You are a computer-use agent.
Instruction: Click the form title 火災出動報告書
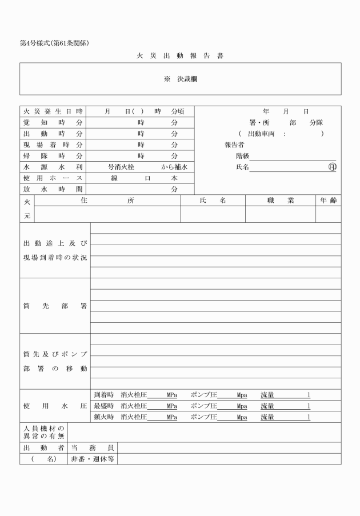(x=179, y=56)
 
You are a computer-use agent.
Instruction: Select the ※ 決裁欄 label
(x=181, y=79)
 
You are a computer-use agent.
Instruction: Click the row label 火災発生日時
(x=53, y=111)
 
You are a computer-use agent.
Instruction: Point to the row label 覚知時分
(x=53, y=122)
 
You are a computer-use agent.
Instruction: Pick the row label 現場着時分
(x=53, y=145)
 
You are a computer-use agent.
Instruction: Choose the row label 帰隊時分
(x=53, y=155)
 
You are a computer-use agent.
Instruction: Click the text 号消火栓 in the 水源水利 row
(x=122, y=167)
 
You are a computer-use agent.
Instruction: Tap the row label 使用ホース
(x=53, y=178)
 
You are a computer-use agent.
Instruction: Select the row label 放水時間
(x=53, y=189)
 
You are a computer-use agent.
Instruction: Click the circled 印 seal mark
(x=333, y=167)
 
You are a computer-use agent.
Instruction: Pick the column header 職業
(x=280, y=201)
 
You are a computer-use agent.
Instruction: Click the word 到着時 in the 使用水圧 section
(x=103, y=395)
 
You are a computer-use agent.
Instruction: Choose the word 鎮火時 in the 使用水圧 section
(x=103, y=417)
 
